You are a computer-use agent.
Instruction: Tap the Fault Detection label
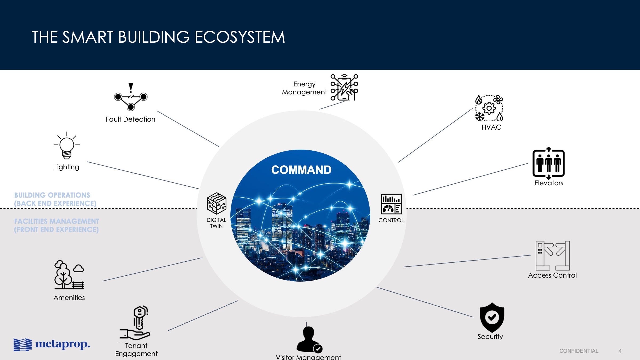(130, 119)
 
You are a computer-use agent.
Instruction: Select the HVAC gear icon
(489, 108)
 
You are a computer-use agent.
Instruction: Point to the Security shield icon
(492, 317)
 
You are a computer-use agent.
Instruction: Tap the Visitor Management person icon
(309, 339)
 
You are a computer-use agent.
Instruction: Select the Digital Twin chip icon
(217, 203)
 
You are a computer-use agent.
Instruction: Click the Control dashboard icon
(391, 204)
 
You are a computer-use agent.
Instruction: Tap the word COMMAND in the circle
(301, 170)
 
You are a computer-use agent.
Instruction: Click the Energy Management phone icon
(344, 87)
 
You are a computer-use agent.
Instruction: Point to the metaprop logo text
(63, 344)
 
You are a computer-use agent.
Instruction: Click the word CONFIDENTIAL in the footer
(579, 351)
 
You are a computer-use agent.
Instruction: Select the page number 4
(620, 351)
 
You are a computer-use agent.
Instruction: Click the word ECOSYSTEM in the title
(240, 37)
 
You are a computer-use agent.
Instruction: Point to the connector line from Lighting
(143, 175)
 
